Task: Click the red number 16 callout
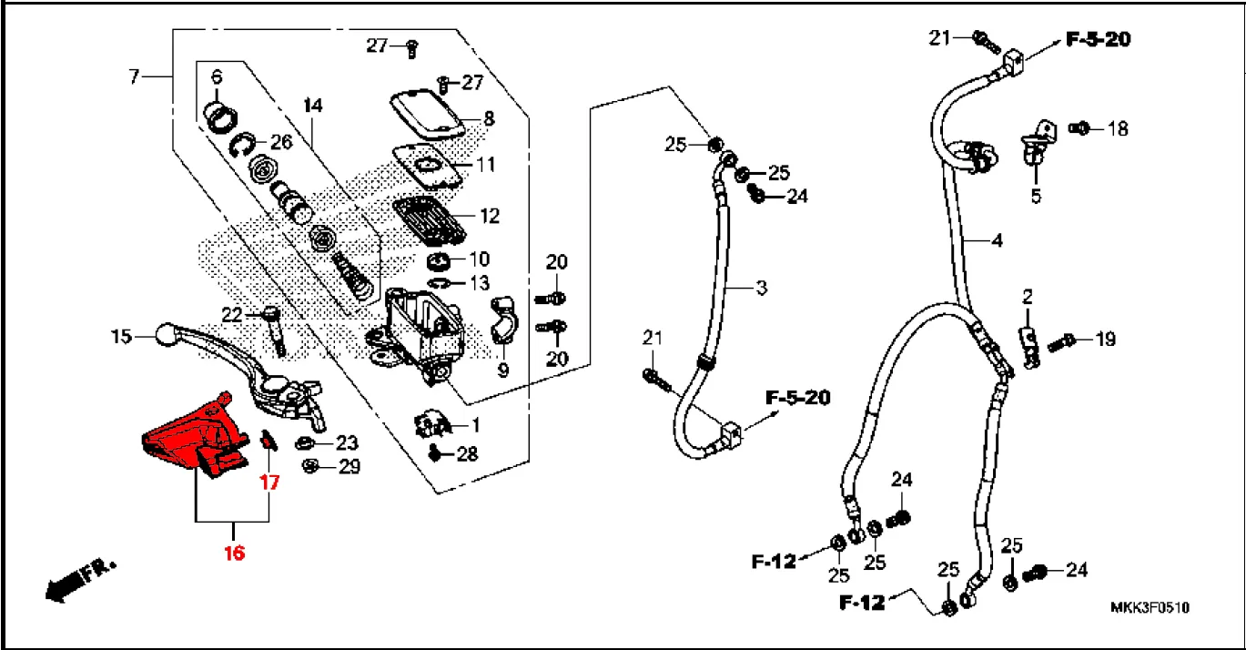tap(234, 553)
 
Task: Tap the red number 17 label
tap(269, 482)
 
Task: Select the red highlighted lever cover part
tap(196, 435)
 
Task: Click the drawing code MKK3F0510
tap(1150, 607)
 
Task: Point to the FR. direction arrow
tap(79, 581)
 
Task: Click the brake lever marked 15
tap(240, 373)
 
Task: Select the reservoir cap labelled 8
tap(427, 115)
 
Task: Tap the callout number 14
tap(313, 106)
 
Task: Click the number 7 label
tap(134, 76)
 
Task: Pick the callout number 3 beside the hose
tap(762, 288)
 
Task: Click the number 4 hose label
tap(998, 239)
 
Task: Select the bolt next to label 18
tap(1079, 128)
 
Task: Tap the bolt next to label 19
tap(1061, 342)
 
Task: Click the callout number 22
tap(232, 315)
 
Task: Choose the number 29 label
tap(349, 466)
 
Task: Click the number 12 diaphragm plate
tap(429, 219)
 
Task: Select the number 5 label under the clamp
tap(1036, 196)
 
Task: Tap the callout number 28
tap(467, 454)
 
